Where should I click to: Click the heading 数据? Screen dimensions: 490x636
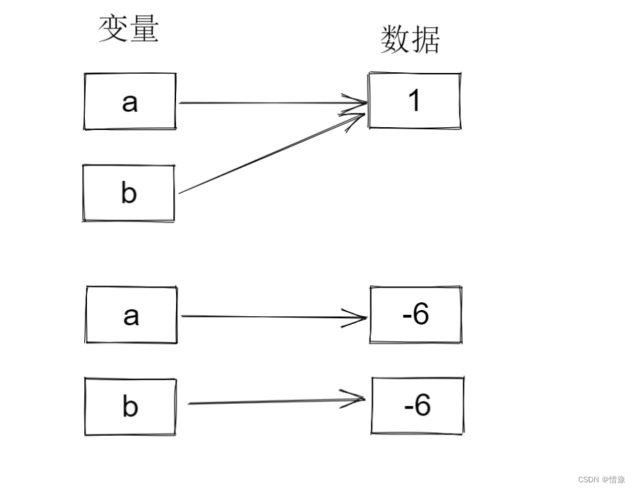[x=411, y=40]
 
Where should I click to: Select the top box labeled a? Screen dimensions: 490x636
[x=130, y=101]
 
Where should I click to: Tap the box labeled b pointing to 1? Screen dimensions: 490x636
[x=129, y=193]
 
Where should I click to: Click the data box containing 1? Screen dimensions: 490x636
[x=415, y=101]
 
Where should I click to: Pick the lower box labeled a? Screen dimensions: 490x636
[x=132, y=315]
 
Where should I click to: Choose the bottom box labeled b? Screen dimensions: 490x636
[x=130, y=407]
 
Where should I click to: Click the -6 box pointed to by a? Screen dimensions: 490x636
[x=416, y=314]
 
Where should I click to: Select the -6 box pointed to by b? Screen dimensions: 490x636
[x=418, y=405]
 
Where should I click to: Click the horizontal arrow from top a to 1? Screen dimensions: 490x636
[x=271, y=104]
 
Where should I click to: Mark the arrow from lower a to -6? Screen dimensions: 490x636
[x=271, y=317]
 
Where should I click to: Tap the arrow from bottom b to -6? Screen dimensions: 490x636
[x=275, y=401]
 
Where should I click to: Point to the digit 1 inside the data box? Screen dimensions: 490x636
[x=415, y=101]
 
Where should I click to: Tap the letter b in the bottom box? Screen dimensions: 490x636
[x=129, y=407]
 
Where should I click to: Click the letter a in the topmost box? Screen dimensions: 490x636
[x=129, y=102]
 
